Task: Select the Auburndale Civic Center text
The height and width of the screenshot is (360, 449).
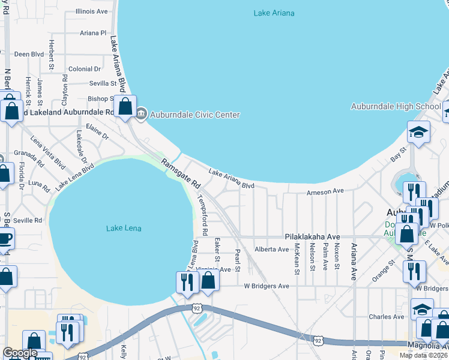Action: point(194,115)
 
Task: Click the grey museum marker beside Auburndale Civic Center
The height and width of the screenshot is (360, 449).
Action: point(142,113)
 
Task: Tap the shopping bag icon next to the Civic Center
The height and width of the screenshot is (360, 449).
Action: point(125,107)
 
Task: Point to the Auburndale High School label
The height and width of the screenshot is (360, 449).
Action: point(396,107)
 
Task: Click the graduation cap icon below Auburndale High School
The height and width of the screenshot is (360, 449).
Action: point(418,132)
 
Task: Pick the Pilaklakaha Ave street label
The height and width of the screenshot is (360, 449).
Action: point(312,237)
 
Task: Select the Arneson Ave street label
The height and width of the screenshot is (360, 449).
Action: point(325,191)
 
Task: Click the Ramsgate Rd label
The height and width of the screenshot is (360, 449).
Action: point(180,172)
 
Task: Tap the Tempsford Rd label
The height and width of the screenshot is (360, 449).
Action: point(202,214)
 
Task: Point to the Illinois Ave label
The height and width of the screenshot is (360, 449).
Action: point(92,11)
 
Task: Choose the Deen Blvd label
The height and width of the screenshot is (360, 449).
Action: point(29,54)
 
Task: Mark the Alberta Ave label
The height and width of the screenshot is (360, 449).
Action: point(271,249)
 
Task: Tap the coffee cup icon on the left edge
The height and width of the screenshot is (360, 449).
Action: point(5,238)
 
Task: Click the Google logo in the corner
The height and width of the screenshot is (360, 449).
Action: point(20,353)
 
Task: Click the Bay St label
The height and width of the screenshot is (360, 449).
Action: point(395,157)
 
